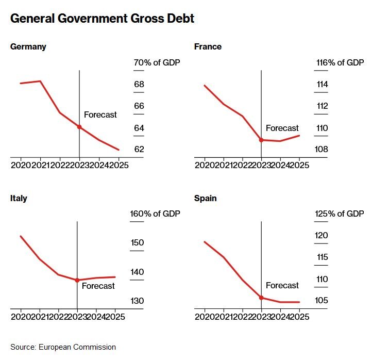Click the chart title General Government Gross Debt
[102, 19]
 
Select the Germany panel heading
[28, 47]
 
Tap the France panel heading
[208, 47]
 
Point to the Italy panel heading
[19, 198]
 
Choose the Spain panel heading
[206, 198]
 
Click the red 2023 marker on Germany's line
[79, 127]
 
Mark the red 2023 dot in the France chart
[261, 140]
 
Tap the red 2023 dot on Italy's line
[77, 280]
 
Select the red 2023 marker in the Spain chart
[261, 298]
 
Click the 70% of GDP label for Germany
[157, 63]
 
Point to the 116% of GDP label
[340, 63]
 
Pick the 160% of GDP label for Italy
[157, 214]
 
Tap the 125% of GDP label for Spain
[340, 214]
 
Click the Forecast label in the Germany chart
[100, 115]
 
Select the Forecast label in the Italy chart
[98, 286]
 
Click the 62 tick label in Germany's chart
[139, 150]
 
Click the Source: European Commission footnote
[63, 347]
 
